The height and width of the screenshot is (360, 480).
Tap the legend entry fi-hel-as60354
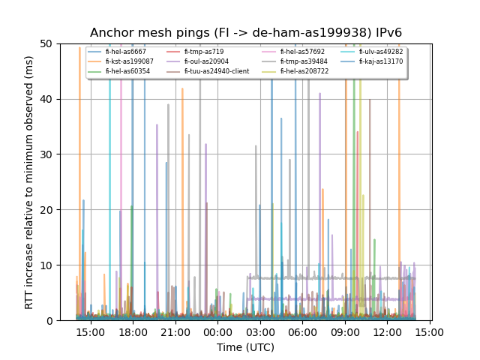tap(127, 71)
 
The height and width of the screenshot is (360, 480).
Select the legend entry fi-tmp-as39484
tap(304, 61)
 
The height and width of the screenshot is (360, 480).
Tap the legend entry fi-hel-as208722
tap(304, 71)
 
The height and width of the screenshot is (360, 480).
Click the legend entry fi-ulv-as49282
tap(380, 52)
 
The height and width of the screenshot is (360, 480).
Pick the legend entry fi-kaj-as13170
tap(380, 61)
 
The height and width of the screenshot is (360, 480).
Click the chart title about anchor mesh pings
tap(246, 33)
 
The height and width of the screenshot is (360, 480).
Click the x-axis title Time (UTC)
tap(246, 347)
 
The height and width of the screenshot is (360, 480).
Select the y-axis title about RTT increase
tap(29, 182)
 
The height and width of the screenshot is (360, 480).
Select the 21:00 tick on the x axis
tap(175, 331)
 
